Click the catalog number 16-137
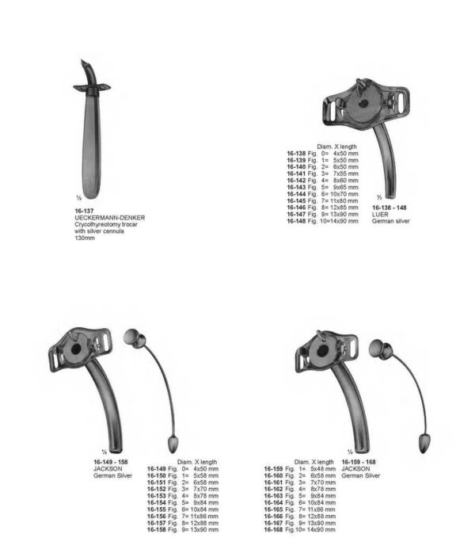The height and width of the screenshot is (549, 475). [x=82, y=212]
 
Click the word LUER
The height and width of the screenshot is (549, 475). [x=380, y=217]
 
